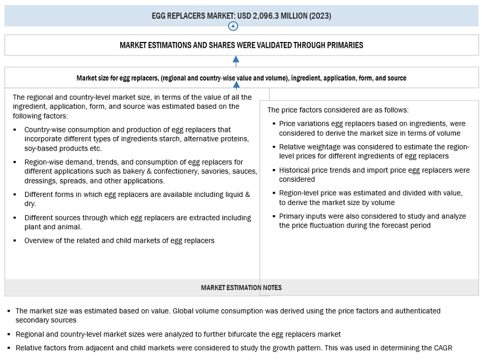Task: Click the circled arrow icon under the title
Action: click(233, 26)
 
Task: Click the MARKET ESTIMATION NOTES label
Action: click(241, 287)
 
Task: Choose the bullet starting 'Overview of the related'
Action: click(119, 241)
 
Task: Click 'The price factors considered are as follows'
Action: click(338, 110)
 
